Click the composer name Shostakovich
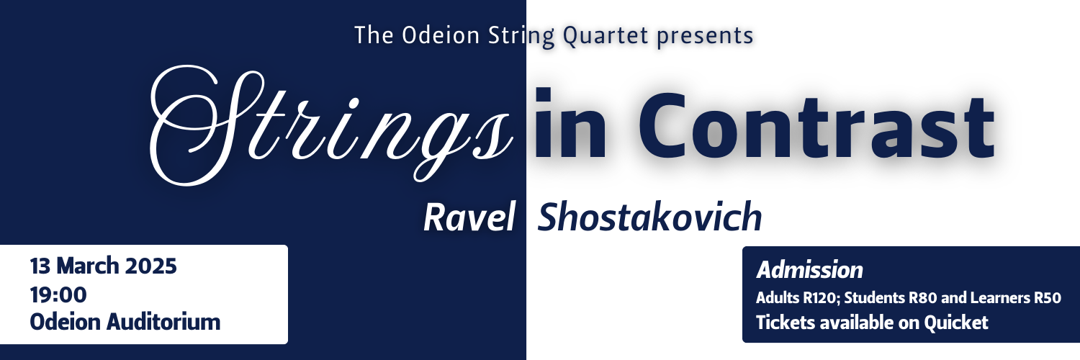pos(650,217)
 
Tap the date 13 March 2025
pos(103,266)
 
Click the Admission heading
pos(809,271)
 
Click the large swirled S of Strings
pos(191,122)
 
